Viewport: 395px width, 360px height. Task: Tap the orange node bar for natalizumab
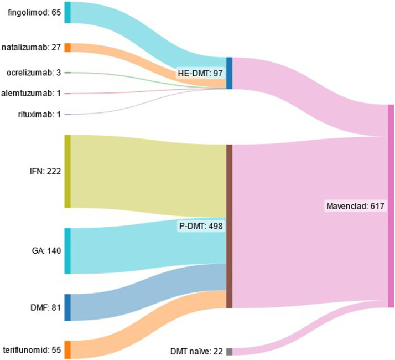pos(67,48)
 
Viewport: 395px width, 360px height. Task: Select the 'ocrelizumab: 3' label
pos(34,73)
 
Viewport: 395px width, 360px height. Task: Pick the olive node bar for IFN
pos(67,171)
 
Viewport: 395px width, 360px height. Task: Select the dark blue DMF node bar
pos(67,307)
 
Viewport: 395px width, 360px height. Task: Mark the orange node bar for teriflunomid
pos(67,350)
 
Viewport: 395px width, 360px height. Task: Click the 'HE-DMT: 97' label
pos(201,73)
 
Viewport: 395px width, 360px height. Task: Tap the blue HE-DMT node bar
pos(229,73)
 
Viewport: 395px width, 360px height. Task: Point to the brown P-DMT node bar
pos(229,227)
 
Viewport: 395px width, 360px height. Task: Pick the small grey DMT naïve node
pos(229,352)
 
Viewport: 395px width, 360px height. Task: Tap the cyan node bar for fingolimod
pos(67,12)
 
